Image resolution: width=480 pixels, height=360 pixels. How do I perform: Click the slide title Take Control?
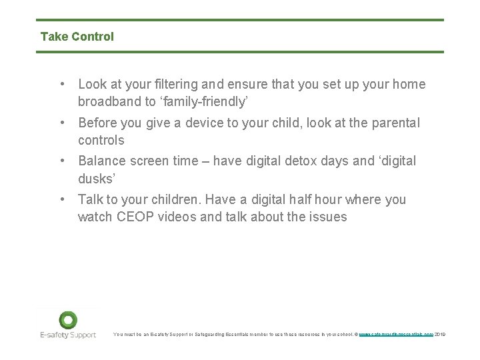click(x=77, y=37)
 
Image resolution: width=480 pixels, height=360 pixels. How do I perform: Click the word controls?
click(x=101, y=141)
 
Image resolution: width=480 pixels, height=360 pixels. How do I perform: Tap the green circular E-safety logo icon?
click(x=68, y=319)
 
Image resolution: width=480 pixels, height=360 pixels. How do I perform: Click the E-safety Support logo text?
click(x=67, y=335)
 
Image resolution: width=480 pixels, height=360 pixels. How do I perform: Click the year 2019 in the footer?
click(x=440, y=335)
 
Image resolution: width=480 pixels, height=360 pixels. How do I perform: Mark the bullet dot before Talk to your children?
click(x=61, y=199)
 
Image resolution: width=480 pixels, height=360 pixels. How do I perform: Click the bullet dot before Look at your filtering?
click(x=61, y=85)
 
